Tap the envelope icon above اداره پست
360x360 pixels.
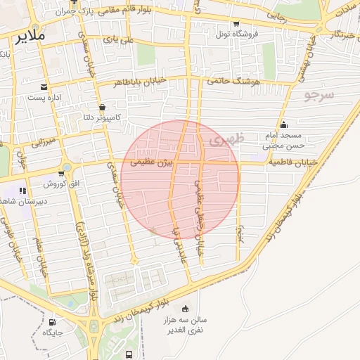[44, 87]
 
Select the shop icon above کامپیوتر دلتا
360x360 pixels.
[103, 108]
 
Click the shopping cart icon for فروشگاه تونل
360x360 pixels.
[236, 23]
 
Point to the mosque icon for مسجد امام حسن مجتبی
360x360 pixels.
[284, 125]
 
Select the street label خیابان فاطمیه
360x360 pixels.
[292, 162]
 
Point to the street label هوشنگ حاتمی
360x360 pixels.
[233, 81]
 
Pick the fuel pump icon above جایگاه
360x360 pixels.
[52, 323]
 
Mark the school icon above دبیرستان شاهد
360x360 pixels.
[23, 191]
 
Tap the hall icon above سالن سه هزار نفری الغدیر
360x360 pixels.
[185, 309]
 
